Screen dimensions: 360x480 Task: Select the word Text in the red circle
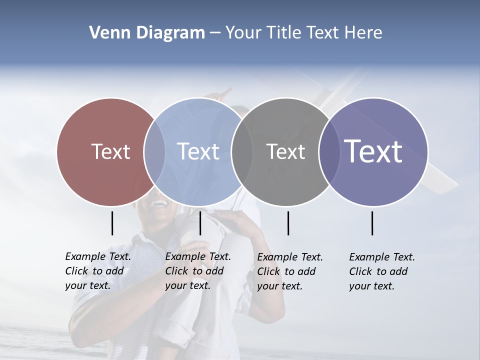[x=110, y=151]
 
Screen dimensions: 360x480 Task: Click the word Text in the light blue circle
[x=198, y=151]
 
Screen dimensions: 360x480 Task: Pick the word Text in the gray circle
[x=285, y=151]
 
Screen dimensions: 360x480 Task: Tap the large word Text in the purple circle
[x=373, y=151]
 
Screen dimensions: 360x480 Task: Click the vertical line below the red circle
[x=112, y=223]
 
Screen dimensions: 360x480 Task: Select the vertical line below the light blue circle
[x=200, y=223]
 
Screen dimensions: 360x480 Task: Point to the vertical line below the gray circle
[x=288, y=223]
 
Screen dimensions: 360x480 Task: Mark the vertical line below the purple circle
[x=372, y=223]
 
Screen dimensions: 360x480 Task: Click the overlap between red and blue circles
[x=154, y=151]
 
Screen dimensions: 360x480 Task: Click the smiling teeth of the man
[x=159, y=204]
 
